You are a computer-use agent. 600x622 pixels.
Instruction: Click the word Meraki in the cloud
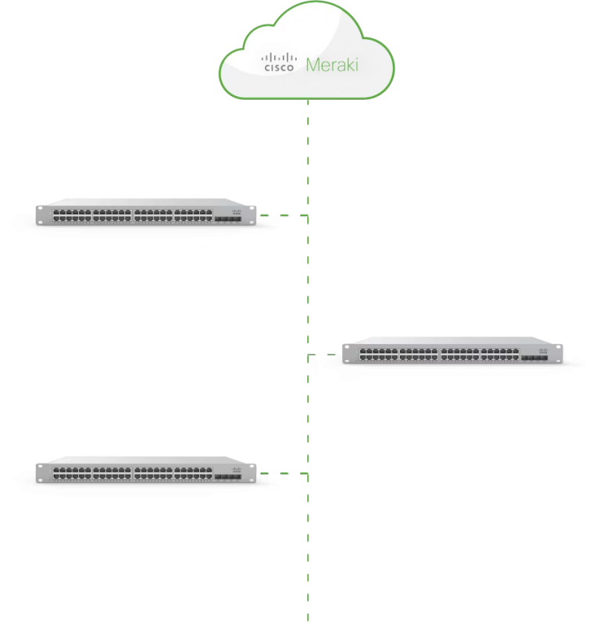point(332,65)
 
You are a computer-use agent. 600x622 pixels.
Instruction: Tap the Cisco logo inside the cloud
point(279,62)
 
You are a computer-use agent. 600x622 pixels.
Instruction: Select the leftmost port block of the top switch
point(73,215)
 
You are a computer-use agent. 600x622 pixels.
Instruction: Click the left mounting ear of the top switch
point(39,215)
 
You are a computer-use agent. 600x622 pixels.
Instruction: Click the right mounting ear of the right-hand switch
point(560,354)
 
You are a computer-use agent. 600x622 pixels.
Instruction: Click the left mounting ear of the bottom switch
point(39,471)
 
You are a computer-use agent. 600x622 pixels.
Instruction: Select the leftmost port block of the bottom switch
point(73,471)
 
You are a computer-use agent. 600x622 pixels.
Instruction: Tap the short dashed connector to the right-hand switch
point(324,355)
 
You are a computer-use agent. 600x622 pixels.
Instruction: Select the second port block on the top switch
point(112,215)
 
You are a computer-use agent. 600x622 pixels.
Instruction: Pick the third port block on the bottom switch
point(153,471)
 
